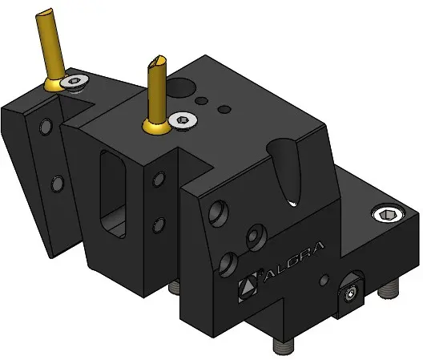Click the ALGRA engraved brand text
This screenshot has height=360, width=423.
[x=294, y=261]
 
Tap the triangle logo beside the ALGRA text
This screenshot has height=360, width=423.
[x=248, y=286]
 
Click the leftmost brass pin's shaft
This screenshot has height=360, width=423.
[x=50, y=44]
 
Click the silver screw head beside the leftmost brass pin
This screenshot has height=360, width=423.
[x=75, y=82]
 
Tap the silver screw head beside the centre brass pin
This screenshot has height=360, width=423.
[x=183, y=120]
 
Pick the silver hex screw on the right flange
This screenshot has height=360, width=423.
[x=389, y=215]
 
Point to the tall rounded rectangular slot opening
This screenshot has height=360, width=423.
[x=113, y=194]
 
